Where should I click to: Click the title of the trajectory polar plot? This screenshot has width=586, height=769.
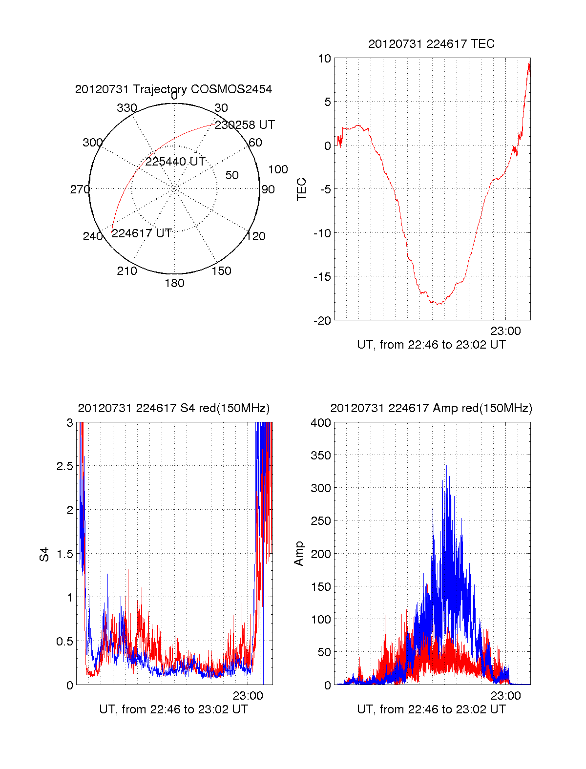pyautogui.click(x=173, y=89)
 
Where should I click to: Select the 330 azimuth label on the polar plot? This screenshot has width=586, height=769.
pyautogui.click(x=127, y=107)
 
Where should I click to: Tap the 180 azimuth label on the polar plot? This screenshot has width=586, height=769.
pyautogui.click(x=174, y=283)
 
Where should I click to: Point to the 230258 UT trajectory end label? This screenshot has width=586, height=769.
pyautogui.click(x=245, y=125)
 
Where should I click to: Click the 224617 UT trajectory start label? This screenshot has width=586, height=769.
pyautogui.click(x=142, y=233)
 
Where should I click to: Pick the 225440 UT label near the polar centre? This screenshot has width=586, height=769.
pyautogui.click(x=175, y=162)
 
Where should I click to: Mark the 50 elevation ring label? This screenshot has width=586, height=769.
pyautogui.click(x=231, y=175)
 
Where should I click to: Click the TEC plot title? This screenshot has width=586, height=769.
pyautogui.click(x=431, y=44)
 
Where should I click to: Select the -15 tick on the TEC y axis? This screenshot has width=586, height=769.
pyautogui.click(x=322, y=276)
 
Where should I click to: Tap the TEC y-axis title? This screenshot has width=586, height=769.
pyautogui.click(x=301, y=189)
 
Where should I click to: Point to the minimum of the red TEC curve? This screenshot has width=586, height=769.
pyautogui.click(x=438, y=304)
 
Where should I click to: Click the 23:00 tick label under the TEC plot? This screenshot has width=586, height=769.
pyautogui.click(x=505, y=331)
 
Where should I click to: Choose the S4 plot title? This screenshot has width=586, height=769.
pyautogui.click(x=173, y=408)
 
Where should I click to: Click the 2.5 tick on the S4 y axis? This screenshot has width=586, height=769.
pyautogui.click(x=65, y=466)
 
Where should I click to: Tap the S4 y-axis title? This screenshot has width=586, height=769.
pyautogui.click(x=44, y=554)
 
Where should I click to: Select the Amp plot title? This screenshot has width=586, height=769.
pyautogui.click(x=431, y=408)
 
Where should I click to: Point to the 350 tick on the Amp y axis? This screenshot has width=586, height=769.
pyautogui.click(x=320, y=455)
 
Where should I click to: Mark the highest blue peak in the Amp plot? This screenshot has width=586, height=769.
pyautogui.click(x=446, y=465)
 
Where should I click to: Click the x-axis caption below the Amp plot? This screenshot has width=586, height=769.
pyautogui.click(x=431, y=709)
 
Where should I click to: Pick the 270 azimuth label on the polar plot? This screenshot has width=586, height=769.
pyautogui.click(x=80, y=189)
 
